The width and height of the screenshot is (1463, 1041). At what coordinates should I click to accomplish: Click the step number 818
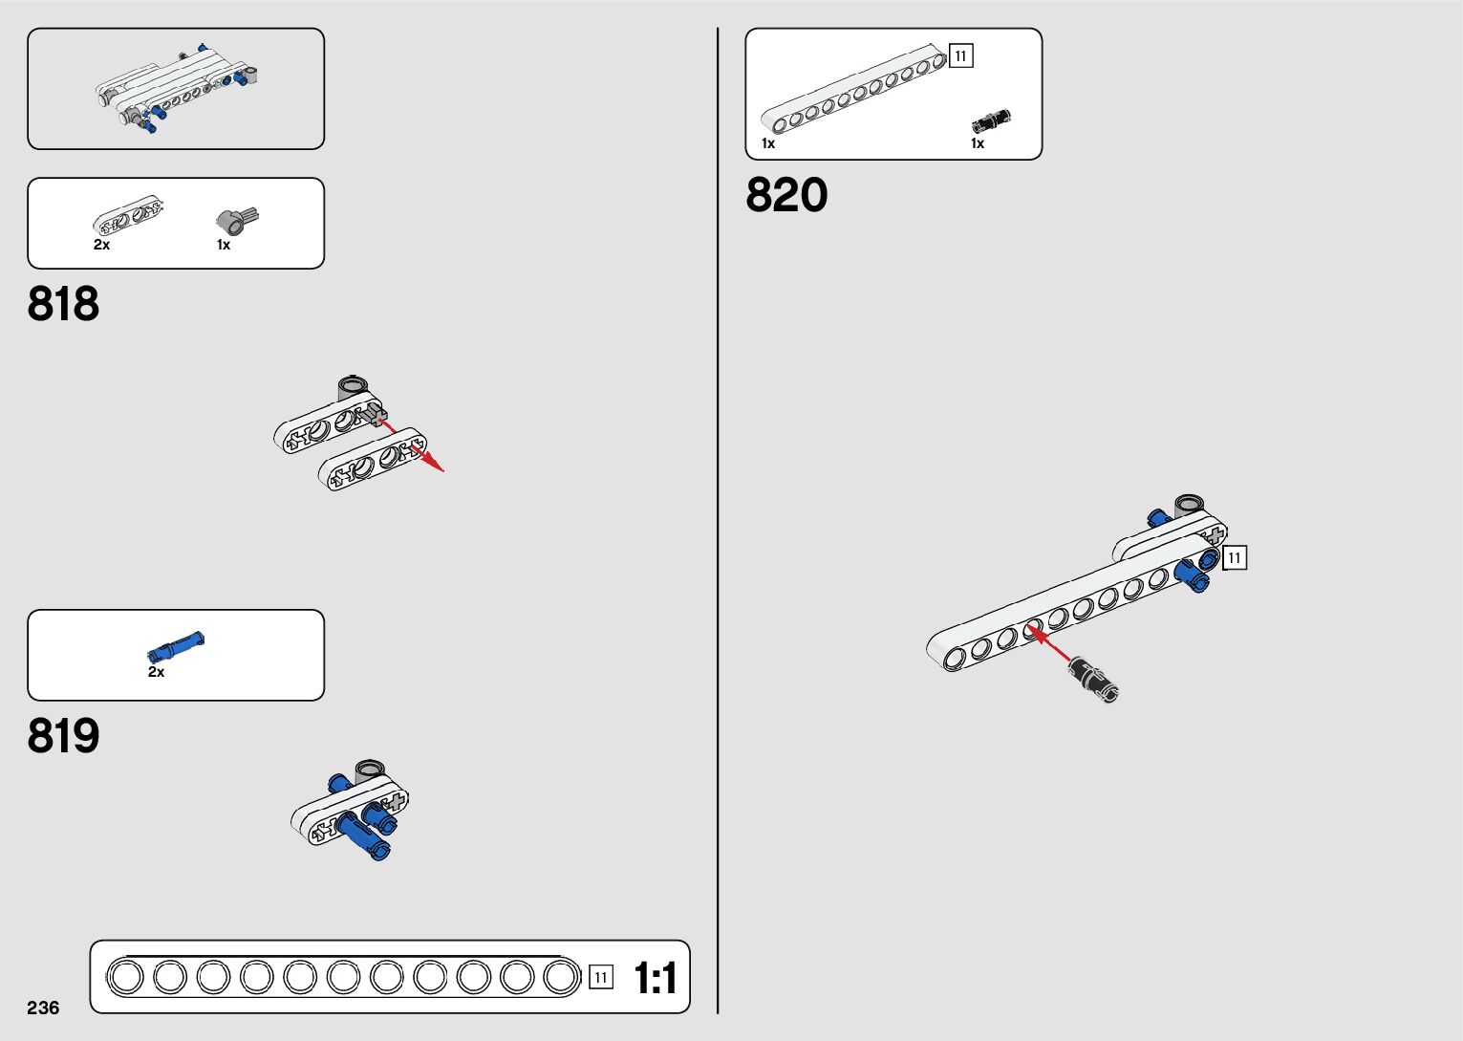63,304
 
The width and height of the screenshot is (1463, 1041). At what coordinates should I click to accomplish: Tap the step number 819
63,736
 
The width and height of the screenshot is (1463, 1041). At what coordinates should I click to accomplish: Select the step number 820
786,195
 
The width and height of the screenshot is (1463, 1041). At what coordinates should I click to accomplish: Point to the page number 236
43,1008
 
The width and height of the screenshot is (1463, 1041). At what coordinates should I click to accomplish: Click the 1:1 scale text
656,979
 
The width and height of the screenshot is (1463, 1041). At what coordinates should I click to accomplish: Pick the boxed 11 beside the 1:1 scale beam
600,977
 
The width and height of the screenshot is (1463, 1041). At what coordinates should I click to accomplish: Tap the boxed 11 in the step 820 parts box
960,56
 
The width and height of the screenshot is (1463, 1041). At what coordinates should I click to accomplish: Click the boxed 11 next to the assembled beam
1235,557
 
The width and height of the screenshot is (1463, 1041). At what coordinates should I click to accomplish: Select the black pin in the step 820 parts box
991,121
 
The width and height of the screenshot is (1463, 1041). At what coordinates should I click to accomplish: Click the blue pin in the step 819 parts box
176,647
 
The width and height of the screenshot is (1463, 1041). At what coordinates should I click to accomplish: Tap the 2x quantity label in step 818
101,245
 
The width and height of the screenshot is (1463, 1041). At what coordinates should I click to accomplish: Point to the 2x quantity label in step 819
156,672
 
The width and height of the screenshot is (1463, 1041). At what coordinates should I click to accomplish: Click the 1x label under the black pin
977,143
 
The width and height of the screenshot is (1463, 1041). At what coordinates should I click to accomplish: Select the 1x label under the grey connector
223,245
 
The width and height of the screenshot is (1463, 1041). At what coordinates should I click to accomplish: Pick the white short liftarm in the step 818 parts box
127,215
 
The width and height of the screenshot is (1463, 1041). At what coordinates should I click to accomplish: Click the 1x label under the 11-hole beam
767,143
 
